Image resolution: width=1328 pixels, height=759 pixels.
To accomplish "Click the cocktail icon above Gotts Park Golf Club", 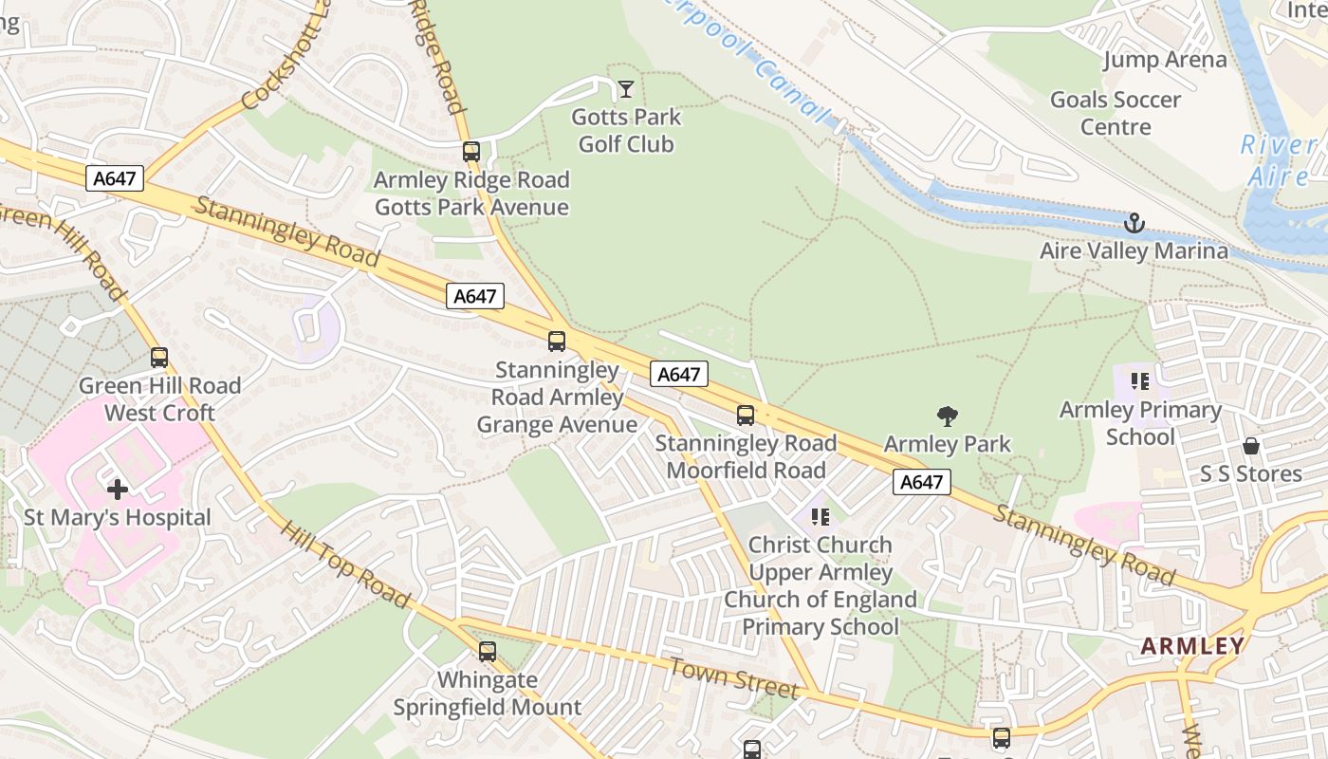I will coord(626,89).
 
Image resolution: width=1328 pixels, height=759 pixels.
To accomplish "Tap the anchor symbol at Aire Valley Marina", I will coord(1134,224).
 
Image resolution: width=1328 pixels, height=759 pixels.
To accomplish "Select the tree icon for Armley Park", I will coord(947,416).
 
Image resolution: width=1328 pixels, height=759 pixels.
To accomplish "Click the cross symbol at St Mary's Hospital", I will coord(118,490).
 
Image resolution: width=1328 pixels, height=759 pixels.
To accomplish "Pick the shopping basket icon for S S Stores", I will coord(1250,446).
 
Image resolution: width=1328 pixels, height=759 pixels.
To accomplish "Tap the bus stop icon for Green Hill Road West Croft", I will coord(159,358).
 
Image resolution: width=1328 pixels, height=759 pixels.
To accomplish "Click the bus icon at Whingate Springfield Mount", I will coord(488,652).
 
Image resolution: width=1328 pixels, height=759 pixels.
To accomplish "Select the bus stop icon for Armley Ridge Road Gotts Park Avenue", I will coord(471,151).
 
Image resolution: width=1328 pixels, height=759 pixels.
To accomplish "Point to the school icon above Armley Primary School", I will coord(1139,381).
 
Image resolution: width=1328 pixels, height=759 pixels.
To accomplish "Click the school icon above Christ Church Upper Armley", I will coord(821,517).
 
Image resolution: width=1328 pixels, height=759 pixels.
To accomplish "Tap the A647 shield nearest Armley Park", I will coord(921,482).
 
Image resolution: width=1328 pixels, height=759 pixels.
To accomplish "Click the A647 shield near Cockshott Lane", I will coord(115,177).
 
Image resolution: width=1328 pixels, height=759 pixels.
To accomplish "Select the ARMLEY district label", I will coord(1191,646).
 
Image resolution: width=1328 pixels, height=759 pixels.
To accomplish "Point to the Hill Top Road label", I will coord(344,564).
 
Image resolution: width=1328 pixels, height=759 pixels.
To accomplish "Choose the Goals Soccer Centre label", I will coord(1116,113).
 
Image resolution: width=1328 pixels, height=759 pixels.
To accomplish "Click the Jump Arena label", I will coord(1164,60).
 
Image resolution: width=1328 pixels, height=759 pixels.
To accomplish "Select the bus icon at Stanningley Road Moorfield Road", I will coord(746,415).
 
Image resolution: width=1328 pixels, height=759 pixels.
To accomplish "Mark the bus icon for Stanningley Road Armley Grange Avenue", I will coord(557,342).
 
